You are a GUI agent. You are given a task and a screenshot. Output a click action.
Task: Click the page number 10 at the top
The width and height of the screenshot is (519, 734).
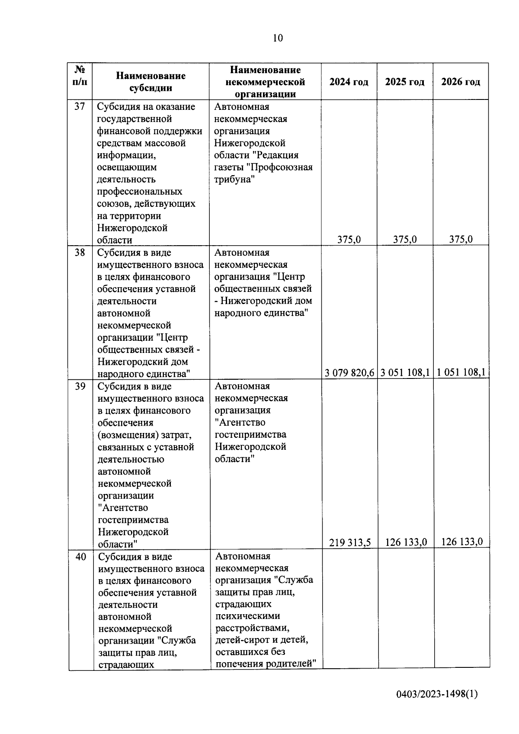click(278, 38)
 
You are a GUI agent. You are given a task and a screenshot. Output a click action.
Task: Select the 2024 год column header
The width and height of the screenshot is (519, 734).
click(349, 82)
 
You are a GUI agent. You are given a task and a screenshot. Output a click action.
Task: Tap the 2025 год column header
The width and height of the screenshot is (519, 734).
click(405, 82)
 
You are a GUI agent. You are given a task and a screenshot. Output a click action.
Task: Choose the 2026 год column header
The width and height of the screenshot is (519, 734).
click(461, 82)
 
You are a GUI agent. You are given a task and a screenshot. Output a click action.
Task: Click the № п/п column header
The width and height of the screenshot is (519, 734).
click(80, 76)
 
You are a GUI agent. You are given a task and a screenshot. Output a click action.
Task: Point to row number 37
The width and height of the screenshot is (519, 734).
click(80, 106)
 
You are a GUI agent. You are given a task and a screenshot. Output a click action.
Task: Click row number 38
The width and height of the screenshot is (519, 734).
click(80, 253)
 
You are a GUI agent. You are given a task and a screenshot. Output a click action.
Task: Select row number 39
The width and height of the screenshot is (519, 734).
click(80, 386)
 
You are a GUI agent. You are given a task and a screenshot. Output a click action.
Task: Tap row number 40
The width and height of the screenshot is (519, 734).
click(80, 557)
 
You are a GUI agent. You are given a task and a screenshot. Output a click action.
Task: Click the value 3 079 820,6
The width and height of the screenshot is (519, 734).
click(349, 372)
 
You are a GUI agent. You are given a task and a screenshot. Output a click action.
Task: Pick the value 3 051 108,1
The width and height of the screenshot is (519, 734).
click(405, 372)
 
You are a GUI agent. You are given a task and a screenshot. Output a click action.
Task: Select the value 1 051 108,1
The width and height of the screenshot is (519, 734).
click(461, 372)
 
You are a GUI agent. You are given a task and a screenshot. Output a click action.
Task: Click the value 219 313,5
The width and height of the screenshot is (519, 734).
click(350, 542)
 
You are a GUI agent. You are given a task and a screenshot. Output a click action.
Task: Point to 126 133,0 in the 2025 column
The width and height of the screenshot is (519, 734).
click(406, 542)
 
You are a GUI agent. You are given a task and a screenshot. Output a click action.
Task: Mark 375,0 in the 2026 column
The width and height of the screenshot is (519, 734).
click(461, 239)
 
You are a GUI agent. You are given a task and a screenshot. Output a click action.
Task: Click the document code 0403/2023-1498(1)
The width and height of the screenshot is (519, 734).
click(437, 694)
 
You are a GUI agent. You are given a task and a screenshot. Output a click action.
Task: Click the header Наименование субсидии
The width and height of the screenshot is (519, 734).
click(151, 82)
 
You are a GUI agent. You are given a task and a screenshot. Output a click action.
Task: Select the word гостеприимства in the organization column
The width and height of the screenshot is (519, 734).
click(250, 434)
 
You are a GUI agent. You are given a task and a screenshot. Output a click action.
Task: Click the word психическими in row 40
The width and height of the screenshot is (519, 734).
click(247, 616)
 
